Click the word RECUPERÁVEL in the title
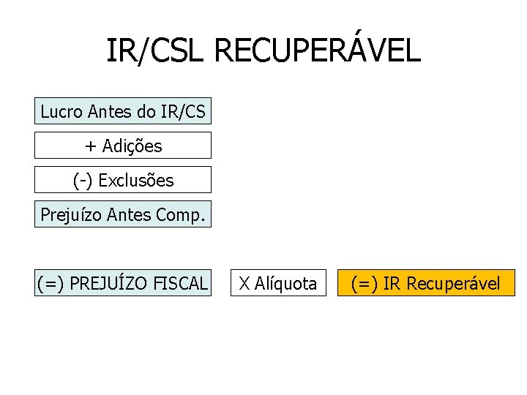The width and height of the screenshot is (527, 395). coord(318,51)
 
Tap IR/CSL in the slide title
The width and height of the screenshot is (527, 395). coord(157,51)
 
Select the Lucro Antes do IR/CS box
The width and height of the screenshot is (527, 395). coord(123,111)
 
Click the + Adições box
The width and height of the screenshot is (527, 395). coord(123,146)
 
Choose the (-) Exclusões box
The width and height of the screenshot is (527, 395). coord(123,180)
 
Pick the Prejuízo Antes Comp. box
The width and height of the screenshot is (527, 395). coord(123,214)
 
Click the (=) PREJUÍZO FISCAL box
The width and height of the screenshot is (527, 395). coord(123,283)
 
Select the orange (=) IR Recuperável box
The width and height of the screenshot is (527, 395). coord(426,283)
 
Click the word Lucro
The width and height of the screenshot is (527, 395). coord(61,112)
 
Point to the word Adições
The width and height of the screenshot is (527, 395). coord(132,146)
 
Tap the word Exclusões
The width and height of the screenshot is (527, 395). coord(136,180)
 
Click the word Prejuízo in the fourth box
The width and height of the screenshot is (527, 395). coord(71,214)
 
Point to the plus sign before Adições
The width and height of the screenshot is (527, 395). coord(90,146)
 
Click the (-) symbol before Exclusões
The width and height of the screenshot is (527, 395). coord(82,180)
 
